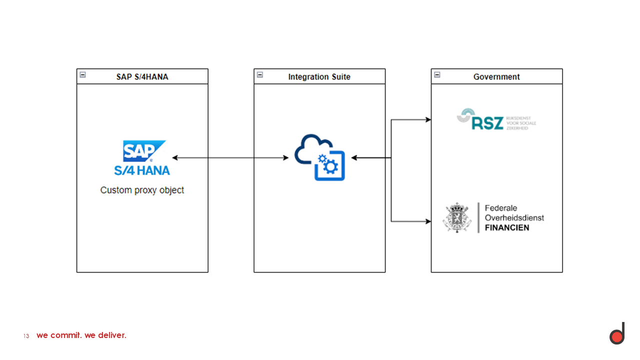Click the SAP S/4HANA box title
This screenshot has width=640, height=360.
(142, 77)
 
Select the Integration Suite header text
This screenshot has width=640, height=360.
(319, 77)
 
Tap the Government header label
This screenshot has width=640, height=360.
(496, 77)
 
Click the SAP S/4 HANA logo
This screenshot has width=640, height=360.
(142, 157)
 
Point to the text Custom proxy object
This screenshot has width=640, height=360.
(142, 190)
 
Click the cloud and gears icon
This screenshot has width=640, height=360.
(320, 157)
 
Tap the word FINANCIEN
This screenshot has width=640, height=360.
(507, 228)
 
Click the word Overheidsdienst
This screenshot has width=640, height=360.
(514, 218)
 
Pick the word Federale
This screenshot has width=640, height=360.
(501, 208)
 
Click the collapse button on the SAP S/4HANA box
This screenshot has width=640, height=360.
(83, 75)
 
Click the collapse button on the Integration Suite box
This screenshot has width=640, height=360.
(260, 75)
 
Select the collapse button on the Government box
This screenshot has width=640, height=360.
(437, 75)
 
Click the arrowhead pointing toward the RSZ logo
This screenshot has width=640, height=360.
(428, 120)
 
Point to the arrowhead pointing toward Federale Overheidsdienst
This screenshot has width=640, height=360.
(428, 221)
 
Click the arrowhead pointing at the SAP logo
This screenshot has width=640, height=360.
(175, 158)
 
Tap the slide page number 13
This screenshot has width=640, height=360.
(26, 336)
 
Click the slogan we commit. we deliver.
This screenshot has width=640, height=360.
(81, 335)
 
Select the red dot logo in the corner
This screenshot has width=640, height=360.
(617, 336)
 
